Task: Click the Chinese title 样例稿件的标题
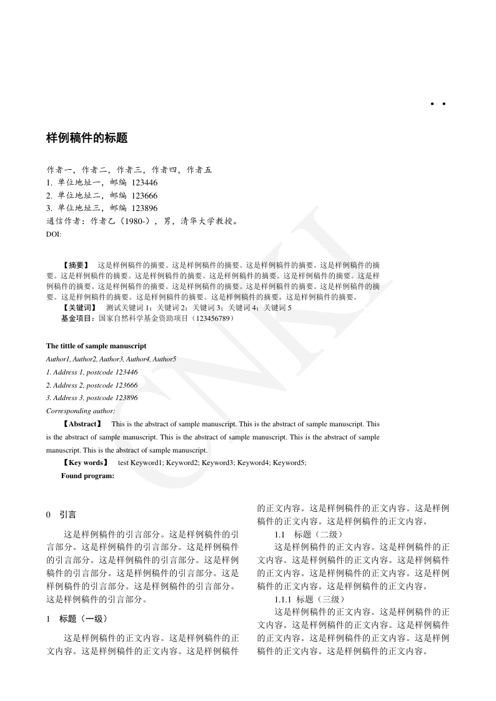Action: pos(87,139)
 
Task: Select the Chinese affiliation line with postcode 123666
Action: pos(102,195)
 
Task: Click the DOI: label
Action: pos(54,233)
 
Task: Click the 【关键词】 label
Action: pos(79,308)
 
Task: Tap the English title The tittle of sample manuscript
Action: pos(96,346)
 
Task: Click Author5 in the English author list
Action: pos(165,360)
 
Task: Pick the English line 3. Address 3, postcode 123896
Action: pos(92,398)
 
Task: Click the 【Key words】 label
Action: pos(84,463)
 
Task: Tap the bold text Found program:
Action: pos(87,476)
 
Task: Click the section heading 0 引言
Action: pos(61,515)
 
